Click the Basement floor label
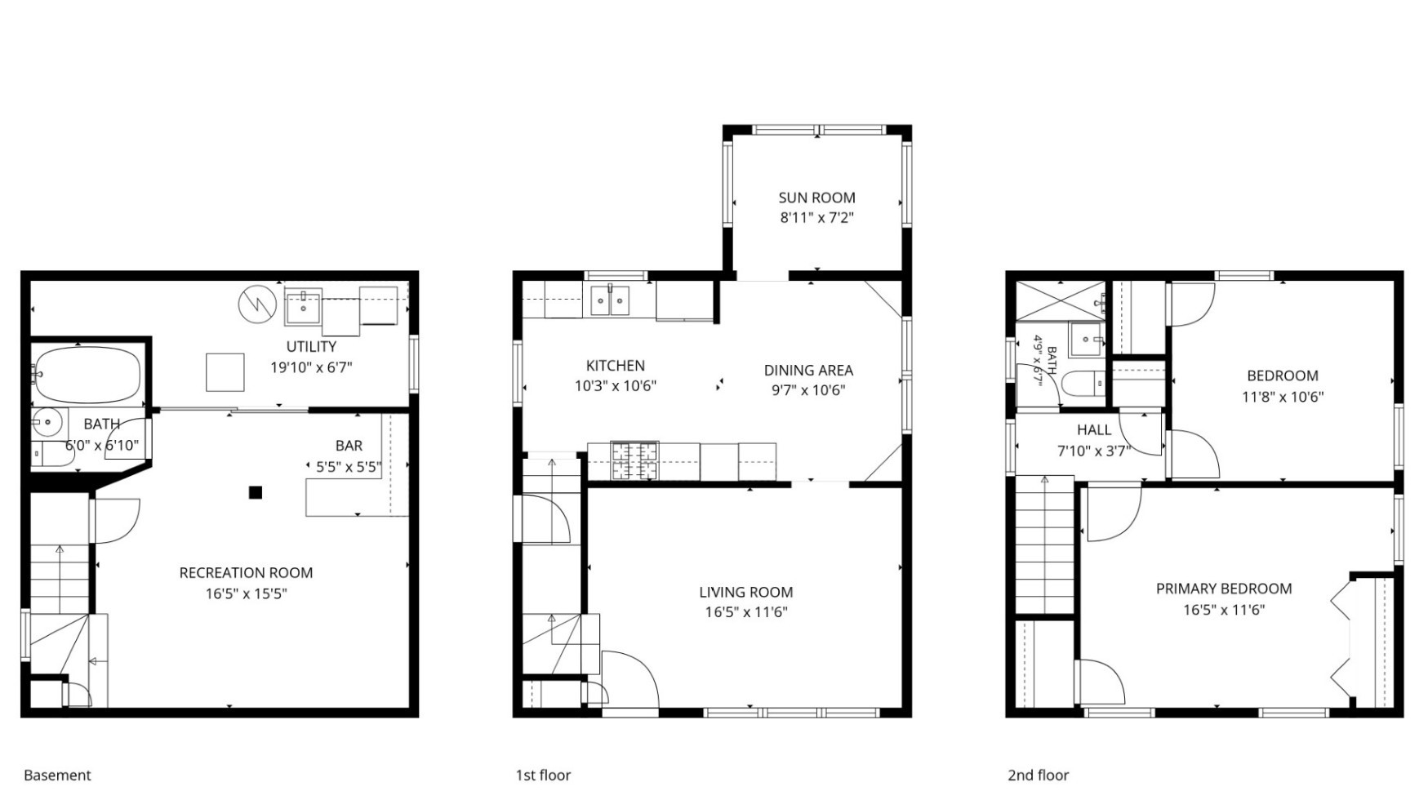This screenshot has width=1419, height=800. pos(57,775)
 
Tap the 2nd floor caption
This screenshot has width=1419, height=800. pos(1038,775)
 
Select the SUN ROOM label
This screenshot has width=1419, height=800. pos(816,198)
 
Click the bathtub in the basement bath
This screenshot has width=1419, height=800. pos(87,375)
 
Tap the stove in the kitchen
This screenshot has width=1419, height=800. pos(634,461)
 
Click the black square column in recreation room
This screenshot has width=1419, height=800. pos(256,492)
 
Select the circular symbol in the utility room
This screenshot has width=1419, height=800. pos(257,304)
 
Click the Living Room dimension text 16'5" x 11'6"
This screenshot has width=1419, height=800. pos(746,612)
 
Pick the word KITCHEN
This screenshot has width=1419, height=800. pos(616,366)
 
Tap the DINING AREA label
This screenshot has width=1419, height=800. pos(808,370)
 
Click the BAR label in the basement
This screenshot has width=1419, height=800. pos(349,446)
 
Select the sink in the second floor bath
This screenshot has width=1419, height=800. pos(1087,339)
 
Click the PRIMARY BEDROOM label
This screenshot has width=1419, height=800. pos(1224,589)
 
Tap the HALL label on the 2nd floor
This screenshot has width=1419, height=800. pos(1094,430)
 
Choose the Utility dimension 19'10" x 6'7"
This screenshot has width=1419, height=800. pos(311,367)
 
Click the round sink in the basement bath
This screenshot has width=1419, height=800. pos(47,423)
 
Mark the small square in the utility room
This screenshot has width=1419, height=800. pos(225,372)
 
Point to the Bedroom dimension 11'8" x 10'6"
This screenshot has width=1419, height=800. pos(1283,397)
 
